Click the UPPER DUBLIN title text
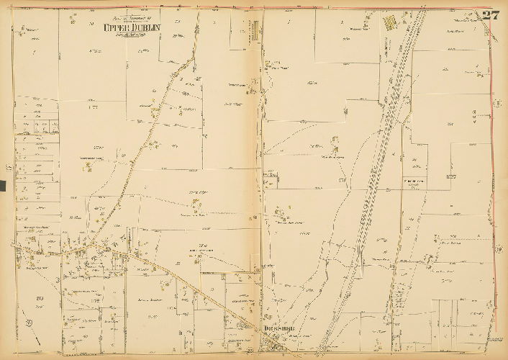(x=132, y=28)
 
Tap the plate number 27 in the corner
(x=491, y=16)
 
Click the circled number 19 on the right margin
(x=498, y=250)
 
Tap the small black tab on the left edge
(x=2, y=186)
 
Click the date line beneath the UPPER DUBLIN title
(x=132, y=35)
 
